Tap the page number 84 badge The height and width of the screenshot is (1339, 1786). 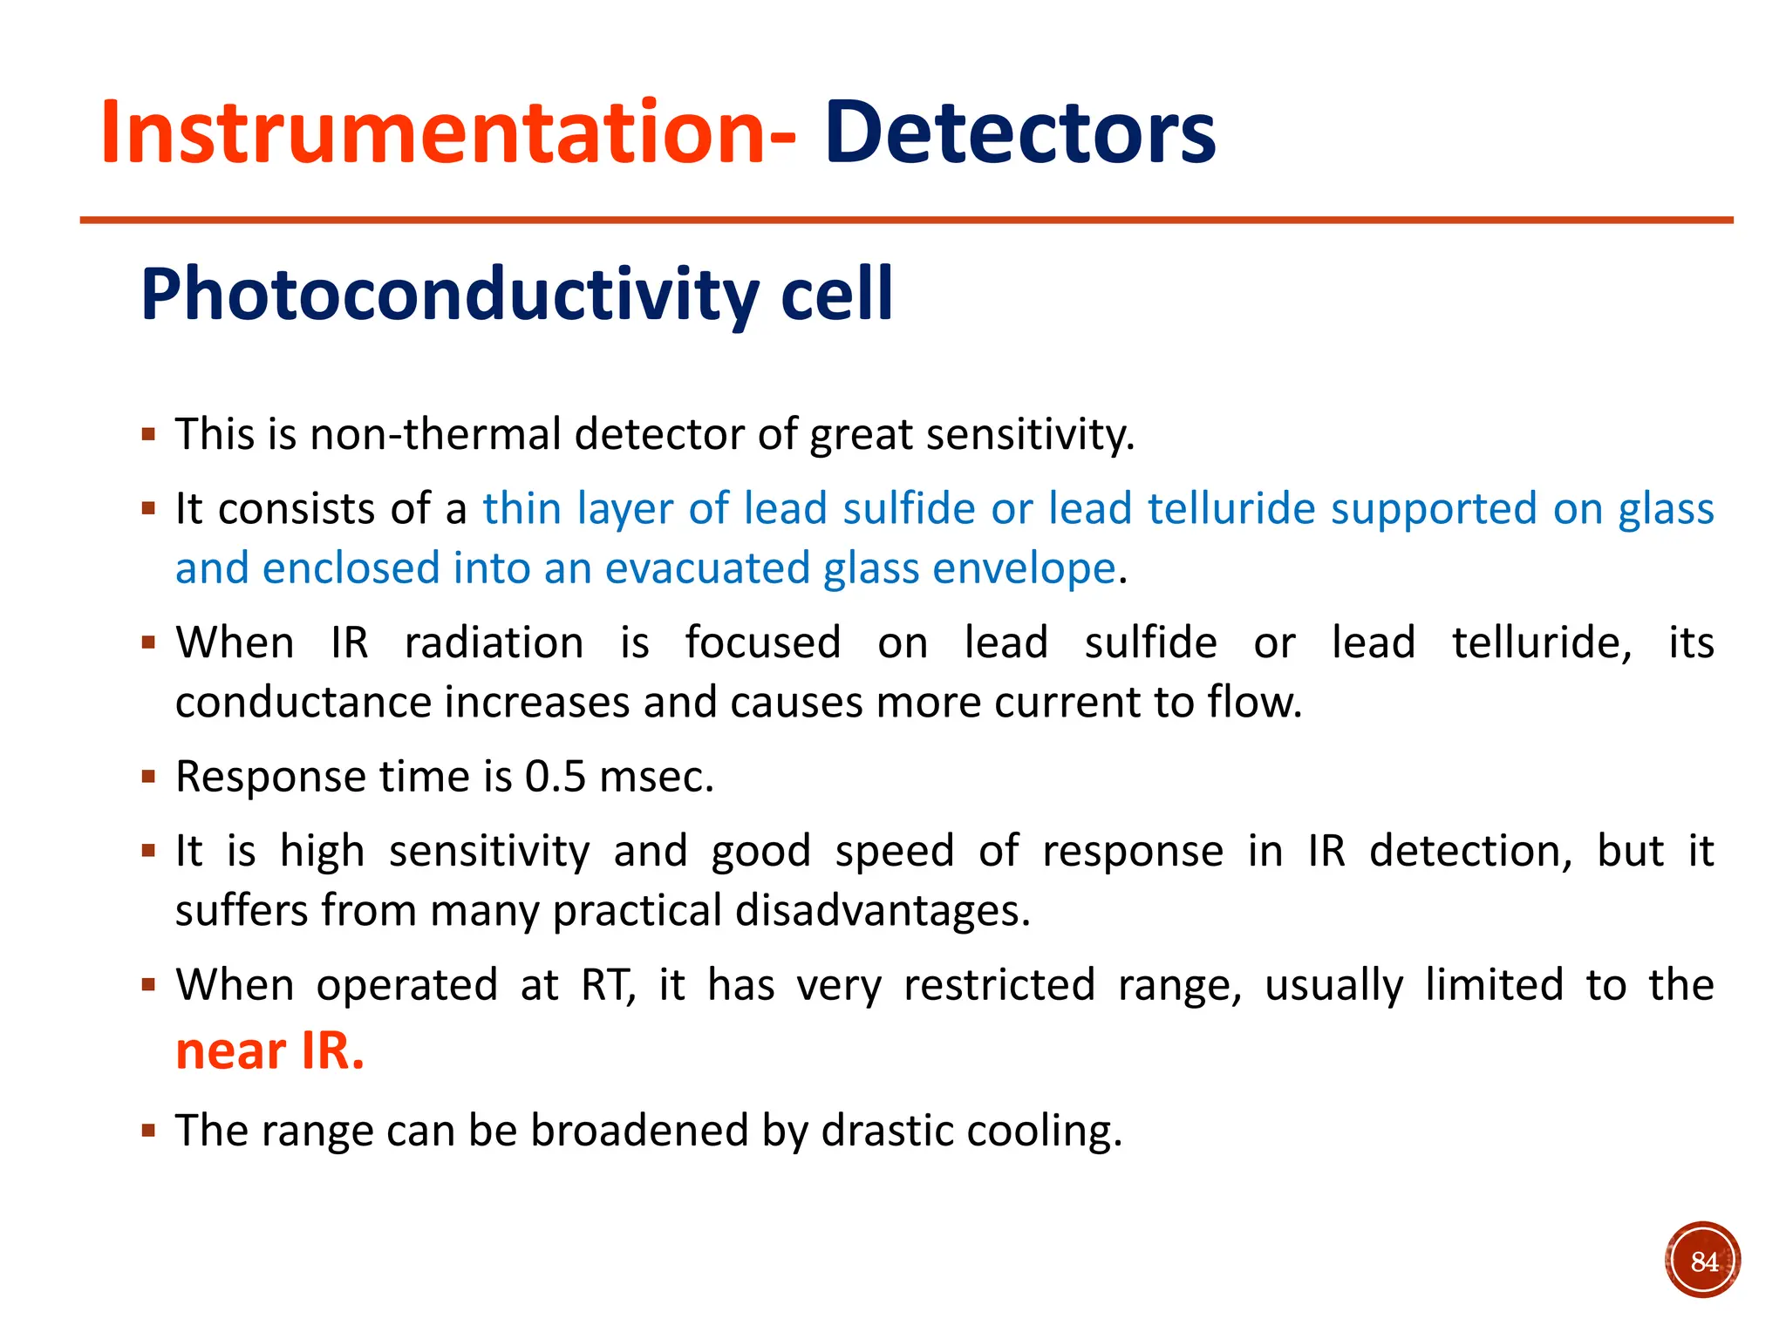tap(1702, 1261)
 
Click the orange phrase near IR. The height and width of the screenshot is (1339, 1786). tap(269, 1050)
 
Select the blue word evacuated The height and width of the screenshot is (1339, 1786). tap(707, 568)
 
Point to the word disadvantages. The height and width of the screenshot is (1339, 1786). tap(883, 910)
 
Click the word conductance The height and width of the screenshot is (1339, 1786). tap(303, 703)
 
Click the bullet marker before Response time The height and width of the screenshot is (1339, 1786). tap(148, 776)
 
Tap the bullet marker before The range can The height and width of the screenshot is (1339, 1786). tap(148, 1131)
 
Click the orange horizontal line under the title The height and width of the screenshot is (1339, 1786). tap(907, 221)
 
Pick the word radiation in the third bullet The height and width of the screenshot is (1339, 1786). tap(494, 643)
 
